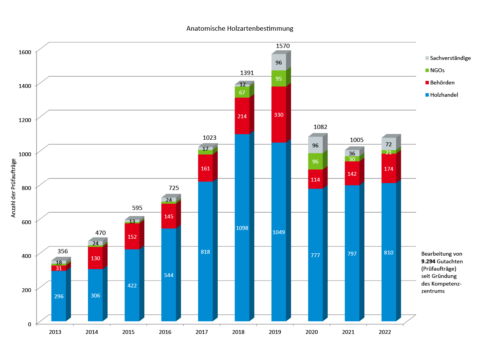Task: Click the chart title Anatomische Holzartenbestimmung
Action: [240, 28]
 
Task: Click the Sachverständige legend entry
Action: [450, 58]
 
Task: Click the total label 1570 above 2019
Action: [283, 46]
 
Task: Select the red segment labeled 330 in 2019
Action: [279, 114]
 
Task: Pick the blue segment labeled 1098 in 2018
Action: [242, 228]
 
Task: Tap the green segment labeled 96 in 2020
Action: [315, 161]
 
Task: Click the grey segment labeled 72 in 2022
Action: [389, 144]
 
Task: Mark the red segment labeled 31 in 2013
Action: [59, 268]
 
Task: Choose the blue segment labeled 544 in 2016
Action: [169, 274]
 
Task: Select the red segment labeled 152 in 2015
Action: [132, 236]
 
